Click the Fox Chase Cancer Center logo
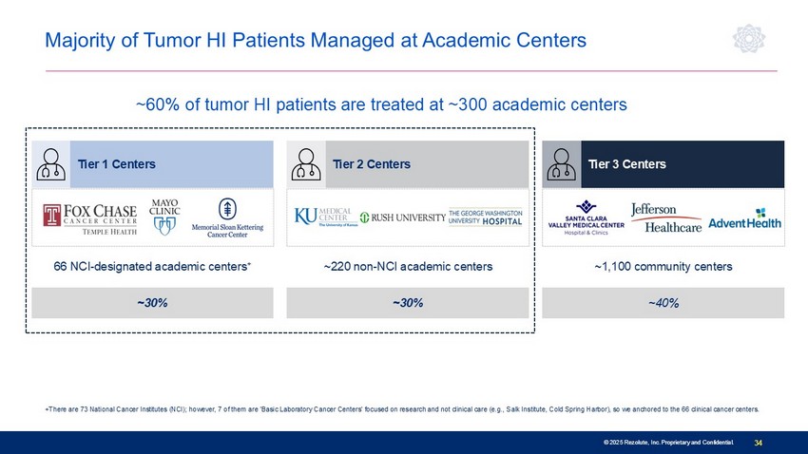(x=90, y=219)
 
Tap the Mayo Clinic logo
(x=164, y=217)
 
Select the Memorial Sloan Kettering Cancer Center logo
(x=227, y=218)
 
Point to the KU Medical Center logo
(x=326, y=217)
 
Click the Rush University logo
(x=402, y=218)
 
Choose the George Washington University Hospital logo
(x=486, y=218)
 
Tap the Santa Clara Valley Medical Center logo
(x=586, y=218)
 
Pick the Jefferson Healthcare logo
(x=666, y=218)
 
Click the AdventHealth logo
(x=744, y=218)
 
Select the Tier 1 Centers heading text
(x=117, y=164)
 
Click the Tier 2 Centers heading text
(x=372, y=164)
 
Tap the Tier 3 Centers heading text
(x=627, y=164)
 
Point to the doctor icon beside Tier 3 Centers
(x=561, y=164)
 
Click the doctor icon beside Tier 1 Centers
(x=50, y=164)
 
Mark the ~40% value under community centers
(x=664, y=303)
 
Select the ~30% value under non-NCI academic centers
(x=408, y=303)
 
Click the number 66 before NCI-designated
(x=60, y=267)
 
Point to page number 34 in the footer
(x=758, y=443)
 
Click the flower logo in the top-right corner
(x=749, y=39)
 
